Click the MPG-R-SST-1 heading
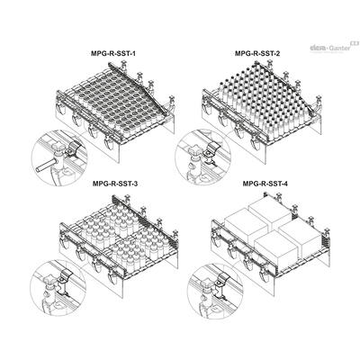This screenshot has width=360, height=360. point(113,54)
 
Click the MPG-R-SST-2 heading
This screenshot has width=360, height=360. point(257,54)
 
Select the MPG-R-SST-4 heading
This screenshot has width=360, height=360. point(265,184)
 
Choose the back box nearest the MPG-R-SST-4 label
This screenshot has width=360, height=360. point(269,211)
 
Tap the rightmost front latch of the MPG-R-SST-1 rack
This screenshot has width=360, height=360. point(109,143)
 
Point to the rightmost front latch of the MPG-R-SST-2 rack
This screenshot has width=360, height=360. point(256,143)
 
